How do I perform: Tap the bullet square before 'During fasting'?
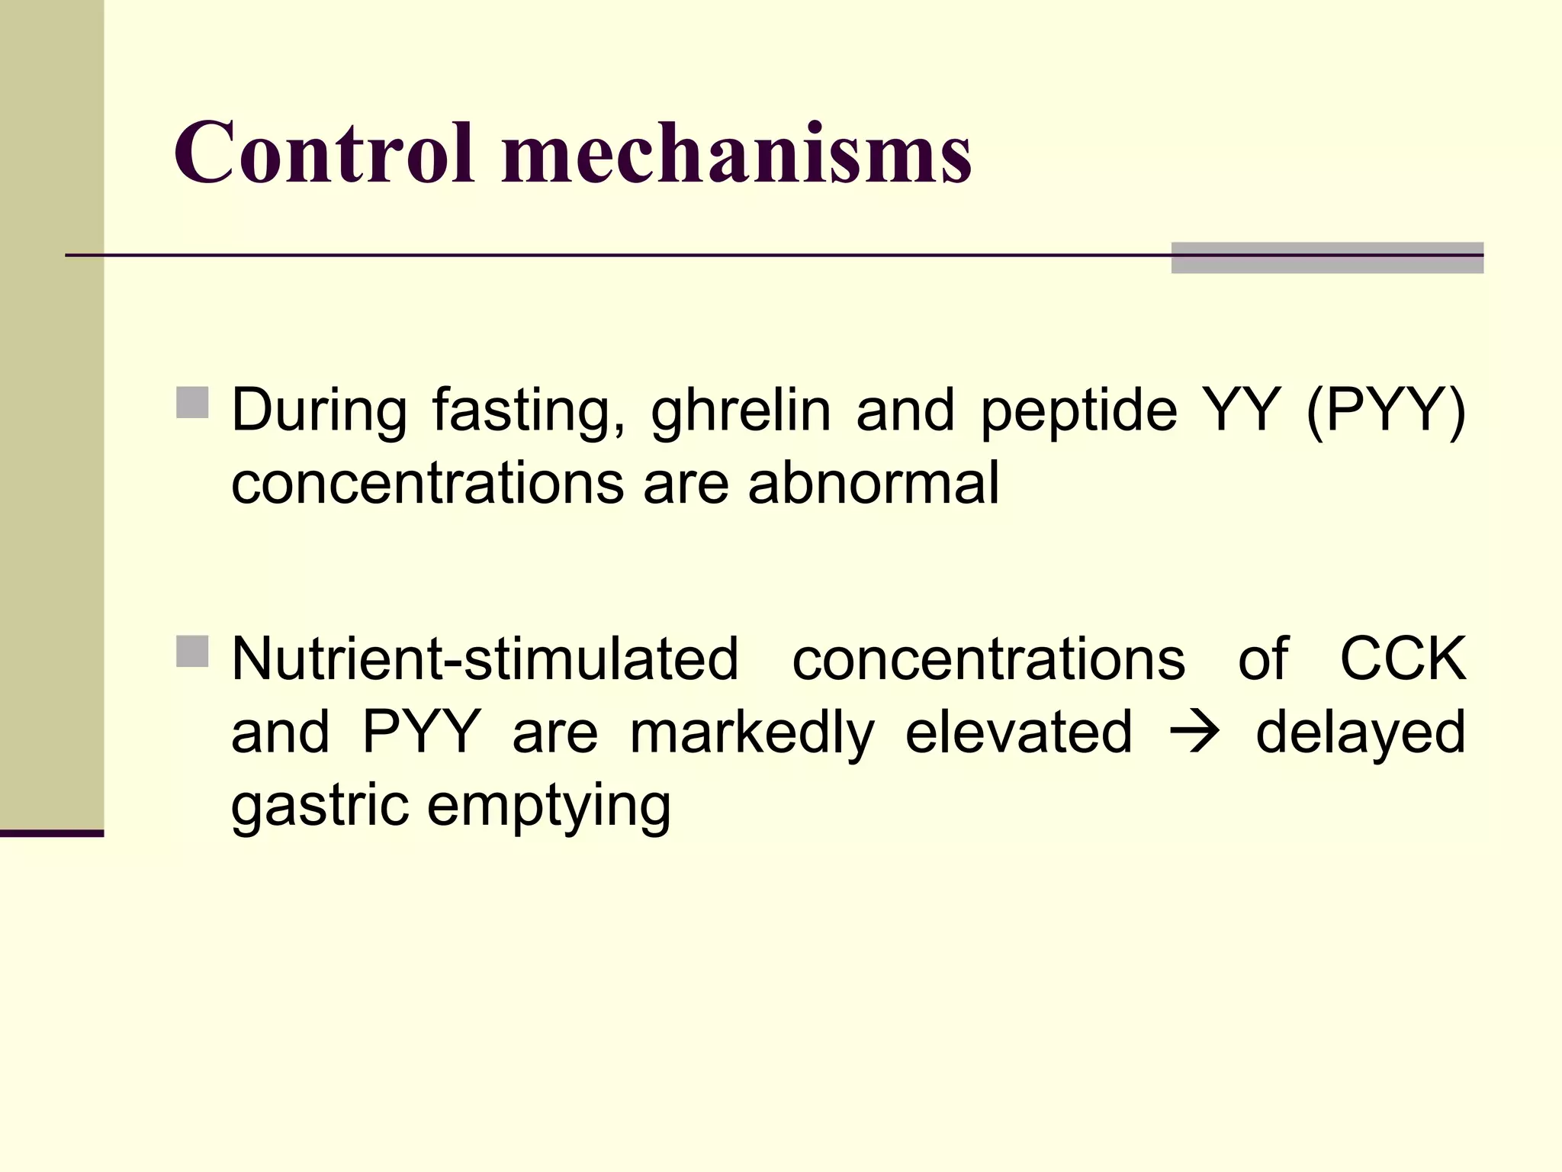click(x=192, y=403)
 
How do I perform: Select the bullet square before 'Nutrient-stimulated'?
click(x=192, y=651)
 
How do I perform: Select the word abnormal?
click(x=873, y=484)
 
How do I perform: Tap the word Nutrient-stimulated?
click(x=485, y=658)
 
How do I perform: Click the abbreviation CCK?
click(x=1403, y=658)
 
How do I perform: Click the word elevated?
click(x=1018, y=731)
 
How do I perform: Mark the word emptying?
click(x=549, y=807)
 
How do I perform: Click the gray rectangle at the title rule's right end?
click(x=1327, y=257)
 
